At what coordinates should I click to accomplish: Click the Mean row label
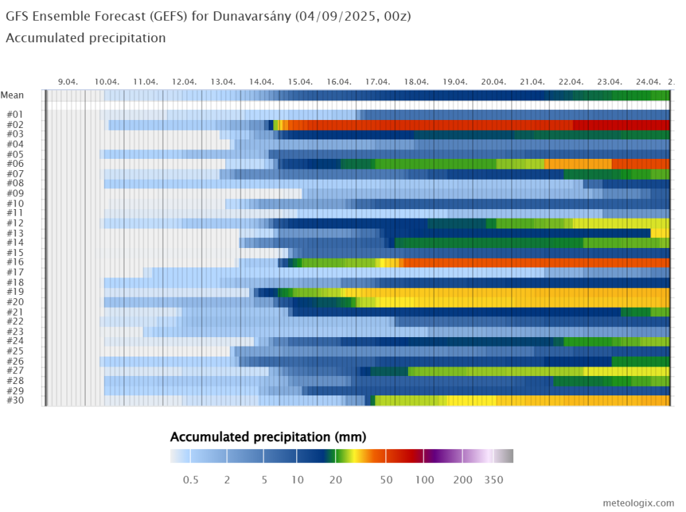coord(12,95)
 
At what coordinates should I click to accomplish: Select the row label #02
coord(15,125)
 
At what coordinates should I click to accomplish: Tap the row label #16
coord(15,263)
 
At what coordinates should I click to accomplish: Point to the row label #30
coord(15,400)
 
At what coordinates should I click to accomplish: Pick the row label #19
coord(15,292)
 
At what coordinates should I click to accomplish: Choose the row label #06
coord(15,164)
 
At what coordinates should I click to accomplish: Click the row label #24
coord(15,341)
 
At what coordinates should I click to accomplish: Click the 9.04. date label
coord(68,81)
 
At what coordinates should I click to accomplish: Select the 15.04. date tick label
coord(300,81)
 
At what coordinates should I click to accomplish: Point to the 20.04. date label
coord(494,81)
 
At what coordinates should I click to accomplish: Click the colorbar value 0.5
coord(190,480)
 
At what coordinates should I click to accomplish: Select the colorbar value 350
coord(494,480)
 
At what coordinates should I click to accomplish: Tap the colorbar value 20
coord(336,480)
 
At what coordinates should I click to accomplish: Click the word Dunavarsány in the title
coord(251,15)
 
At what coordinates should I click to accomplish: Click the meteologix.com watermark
coord(638,503)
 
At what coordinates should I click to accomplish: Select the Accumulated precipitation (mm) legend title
coord(268,438)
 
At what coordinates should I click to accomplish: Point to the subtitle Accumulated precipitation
coord(86,38)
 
